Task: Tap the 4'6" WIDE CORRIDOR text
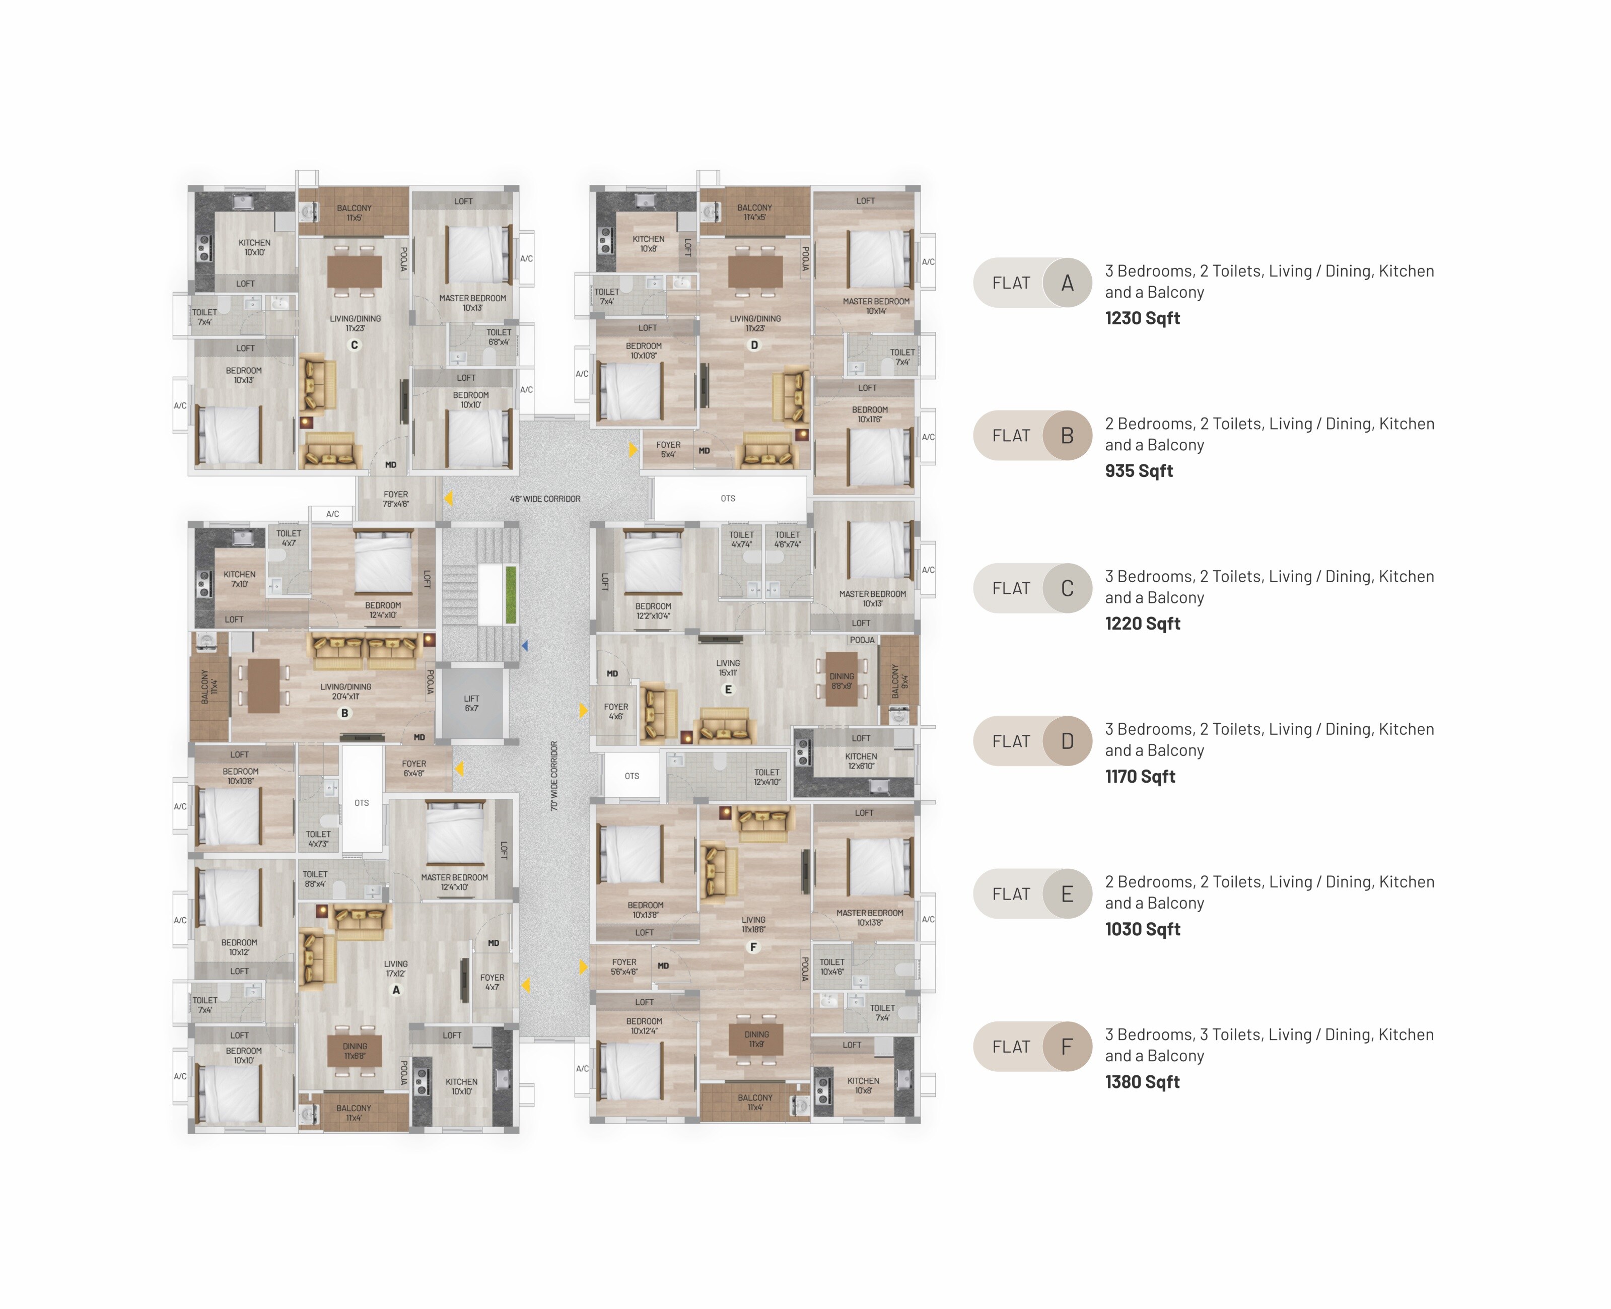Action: pyautogui.click(x=544, y=499)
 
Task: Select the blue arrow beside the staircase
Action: pyautogui.click(x=525, y=646)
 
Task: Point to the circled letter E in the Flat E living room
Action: pyautogui.click(x=728, y=689)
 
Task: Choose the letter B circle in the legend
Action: pyautogui.click(x=1067, y=436)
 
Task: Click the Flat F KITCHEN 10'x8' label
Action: pyautogui.click(x=863, y=1085)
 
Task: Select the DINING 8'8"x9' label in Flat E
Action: pyautogui.click(x=842, y=681)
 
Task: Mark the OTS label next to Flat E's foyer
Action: pyautogui.click(x=632, y=776)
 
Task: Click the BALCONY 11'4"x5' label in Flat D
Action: pyautogui.click(x=754, y=212)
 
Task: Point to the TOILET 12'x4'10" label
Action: pyautogui.click(x=766, y=777)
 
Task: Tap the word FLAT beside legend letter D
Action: pyautogui.click(x=1010, y=741)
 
